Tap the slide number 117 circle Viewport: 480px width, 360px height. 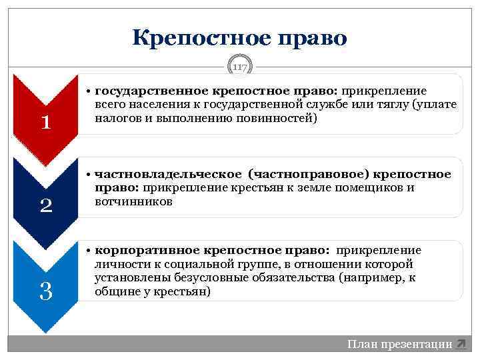pyautogui.click(x=240, y=67)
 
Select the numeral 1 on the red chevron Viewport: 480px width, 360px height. pyautogui.click(x=45, y=122)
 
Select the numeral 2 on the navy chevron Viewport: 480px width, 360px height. pyautogui.click(x=45, y=205)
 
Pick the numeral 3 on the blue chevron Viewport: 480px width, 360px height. pyautogui.click(x=45, y=291)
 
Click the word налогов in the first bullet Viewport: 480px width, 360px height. pyautogui.click(x=118, y=119)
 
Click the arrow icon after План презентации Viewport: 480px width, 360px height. pyautogui.click(x=461, y=344)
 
